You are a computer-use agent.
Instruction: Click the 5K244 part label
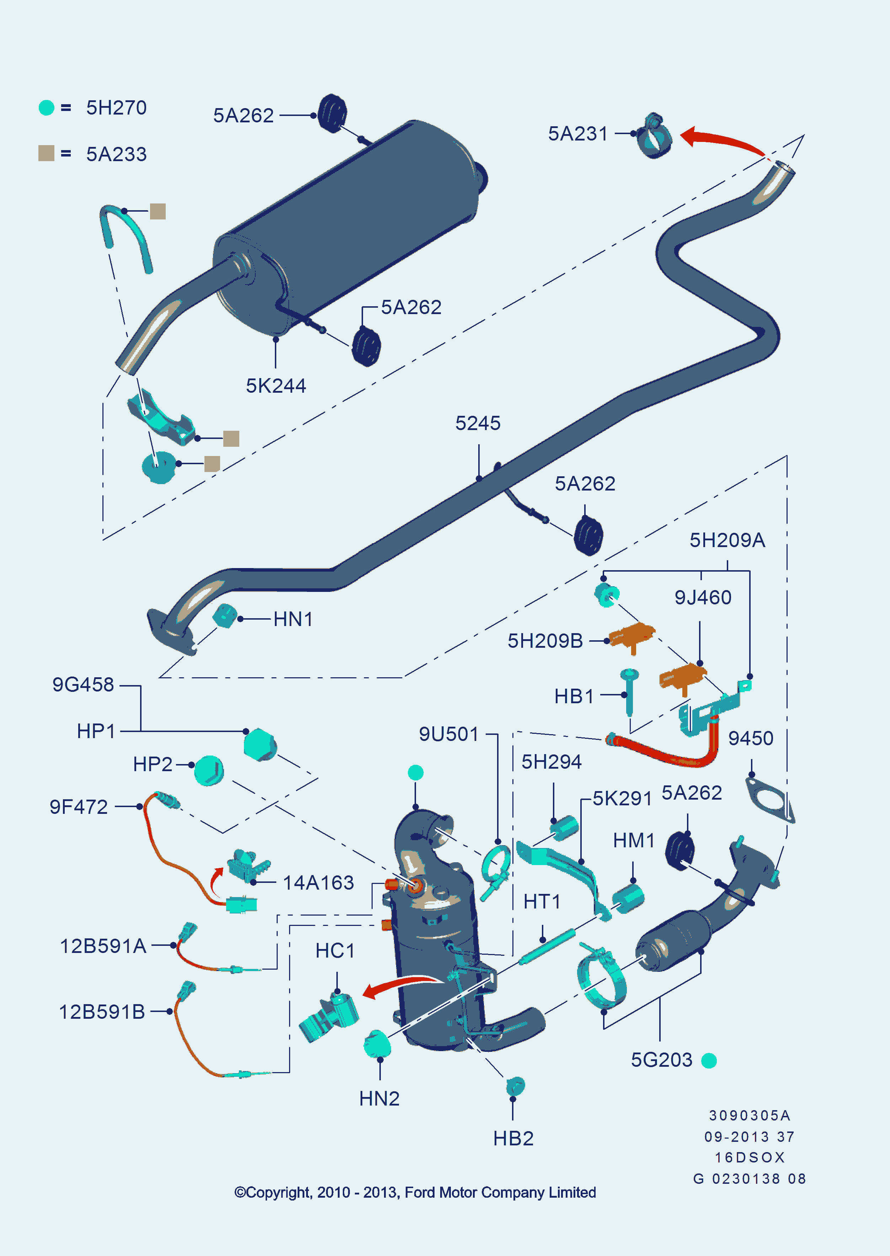[x=276, y=386]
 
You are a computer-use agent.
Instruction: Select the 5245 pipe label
[x=478, y=423]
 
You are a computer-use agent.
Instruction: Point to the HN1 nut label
[x=293, y=620]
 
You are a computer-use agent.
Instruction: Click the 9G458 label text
[x=83, y=685]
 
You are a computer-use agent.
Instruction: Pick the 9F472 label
[x=79, y=807]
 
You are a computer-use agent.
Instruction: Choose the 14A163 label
[x=318, y=883]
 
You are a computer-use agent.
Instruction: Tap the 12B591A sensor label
[x=103, y=946]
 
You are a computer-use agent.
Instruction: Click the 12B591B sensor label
[x=102, y=1012]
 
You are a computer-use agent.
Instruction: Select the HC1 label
[x=335, y=951]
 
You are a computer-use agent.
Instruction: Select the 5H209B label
[x=545, y=641]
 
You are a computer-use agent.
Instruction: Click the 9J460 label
[x=703, y=598]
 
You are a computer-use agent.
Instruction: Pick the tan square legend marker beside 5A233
[x=47, y=154]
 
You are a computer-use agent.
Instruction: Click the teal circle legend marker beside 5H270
[x=47, y=107]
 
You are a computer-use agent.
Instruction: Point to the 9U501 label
[x=449, y=735]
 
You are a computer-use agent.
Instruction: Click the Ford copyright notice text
[x=415, y=1192]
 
